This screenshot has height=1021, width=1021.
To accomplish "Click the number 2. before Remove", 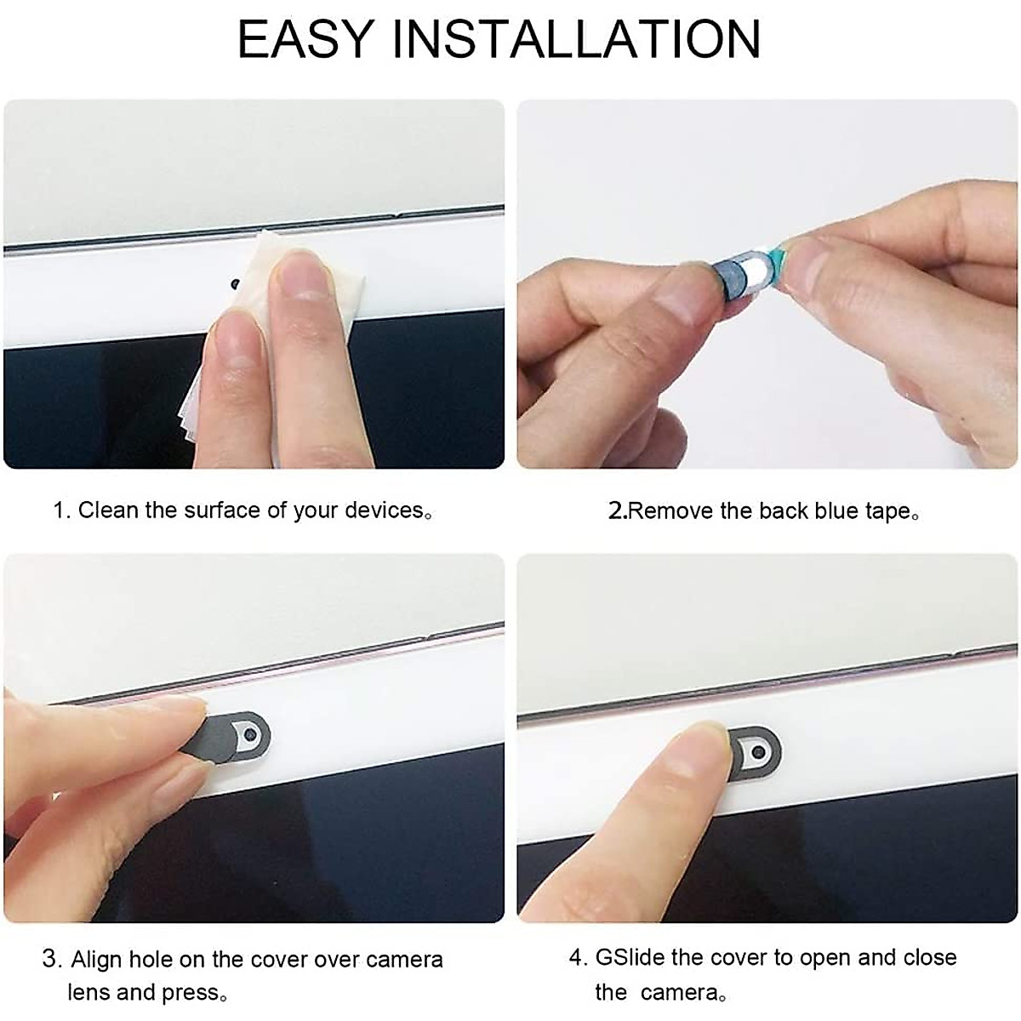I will coord(617,511).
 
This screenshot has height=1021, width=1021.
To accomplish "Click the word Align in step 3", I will coord(97,960).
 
